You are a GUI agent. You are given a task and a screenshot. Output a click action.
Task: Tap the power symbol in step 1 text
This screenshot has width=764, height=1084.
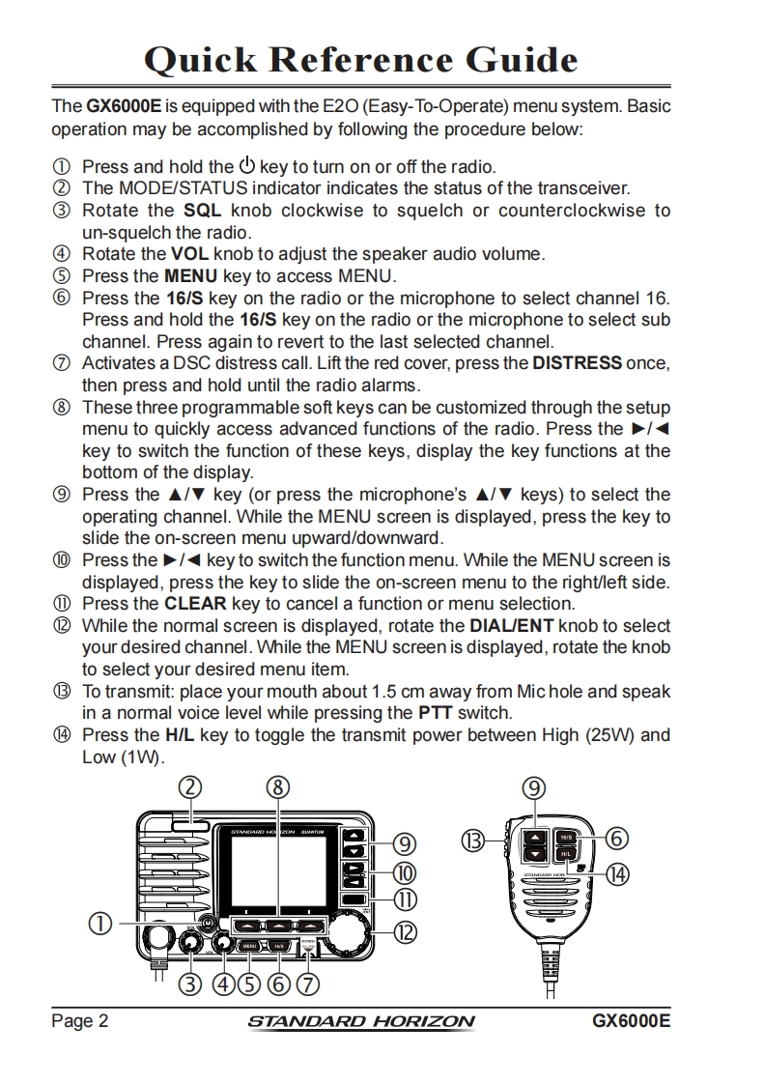pos(246,165)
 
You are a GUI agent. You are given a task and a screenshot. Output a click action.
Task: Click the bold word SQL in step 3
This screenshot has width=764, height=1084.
pos(203,211)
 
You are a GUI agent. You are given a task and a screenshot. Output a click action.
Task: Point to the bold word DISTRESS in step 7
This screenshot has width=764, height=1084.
pos(577,363)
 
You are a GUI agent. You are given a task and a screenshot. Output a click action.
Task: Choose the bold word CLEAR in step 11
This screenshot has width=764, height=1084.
pos(196,604)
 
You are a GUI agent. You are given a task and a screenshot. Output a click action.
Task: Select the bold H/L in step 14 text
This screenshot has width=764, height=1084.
pos(180,734)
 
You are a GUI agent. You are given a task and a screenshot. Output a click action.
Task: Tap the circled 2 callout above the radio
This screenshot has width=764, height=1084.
pos(190,787)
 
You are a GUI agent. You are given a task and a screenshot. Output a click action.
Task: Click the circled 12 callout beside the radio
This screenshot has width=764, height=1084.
pos(406,932)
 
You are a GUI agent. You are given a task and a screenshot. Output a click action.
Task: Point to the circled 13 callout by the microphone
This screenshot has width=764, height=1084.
pos(473,841)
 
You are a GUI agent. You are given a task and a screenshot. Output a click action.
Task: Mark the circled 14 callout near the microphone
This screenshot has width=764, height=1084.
pos(616,873)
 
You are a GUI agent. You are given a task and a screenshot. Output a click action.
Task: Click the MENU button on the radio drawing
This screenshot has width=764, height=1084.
pos(249,946)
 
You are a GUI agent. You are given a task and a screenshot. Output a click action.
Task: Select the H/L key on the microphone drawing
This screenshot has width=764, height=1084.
pos(567,854)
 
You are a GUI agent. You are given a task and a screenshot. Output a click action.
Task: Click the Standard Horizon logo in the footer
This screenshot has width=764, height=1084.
pos(361,1021)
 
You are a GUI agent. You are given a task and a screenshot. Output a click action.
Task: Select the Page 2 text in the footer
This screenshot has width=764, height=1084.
pos(79,1021)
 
